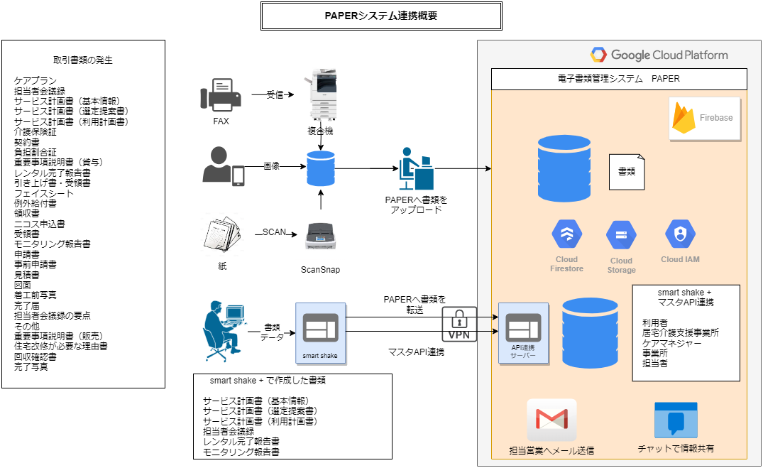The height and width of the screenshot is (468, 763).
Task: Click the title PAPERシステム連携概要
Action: (381, 16)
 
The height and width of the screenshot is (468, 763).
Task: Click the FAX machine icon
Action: (221, 95)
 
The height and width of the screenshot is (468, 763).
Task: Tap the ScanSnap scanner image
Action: (320, 237)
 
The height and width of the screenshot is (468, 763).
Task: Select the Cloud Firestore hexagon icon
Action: (567, 234)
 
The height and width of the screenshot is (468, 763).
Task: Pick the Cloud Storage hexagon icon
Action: (621, 235)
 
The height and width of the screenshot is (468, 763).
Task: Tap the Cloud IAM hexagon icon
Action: (680, 234)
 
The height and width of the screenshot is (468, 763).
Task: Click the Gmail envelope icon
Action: (551, 420)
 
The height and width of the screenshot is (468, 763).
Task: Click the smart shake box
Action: (321, 333)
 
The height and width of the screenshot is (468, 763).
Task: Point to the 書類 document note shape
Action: (627, 172)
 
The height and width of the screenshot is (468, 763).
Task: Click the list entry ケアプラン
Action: (35, 81)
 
